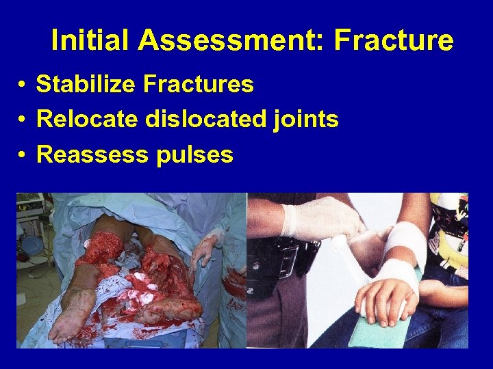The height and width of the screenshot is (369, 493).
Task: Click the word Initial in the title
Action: pyautogui.click(x=90, y=41)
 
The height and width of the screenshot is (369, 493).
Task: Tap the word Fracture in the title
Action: pyautogui.click(x=394, y=41)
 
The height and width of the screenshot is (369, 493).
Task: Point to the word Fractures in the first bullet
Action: pyautogui.click(x=198, y=85)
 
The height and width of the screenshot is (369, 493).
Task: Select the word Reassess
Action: pyautogui.click(x=92, y=155)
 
